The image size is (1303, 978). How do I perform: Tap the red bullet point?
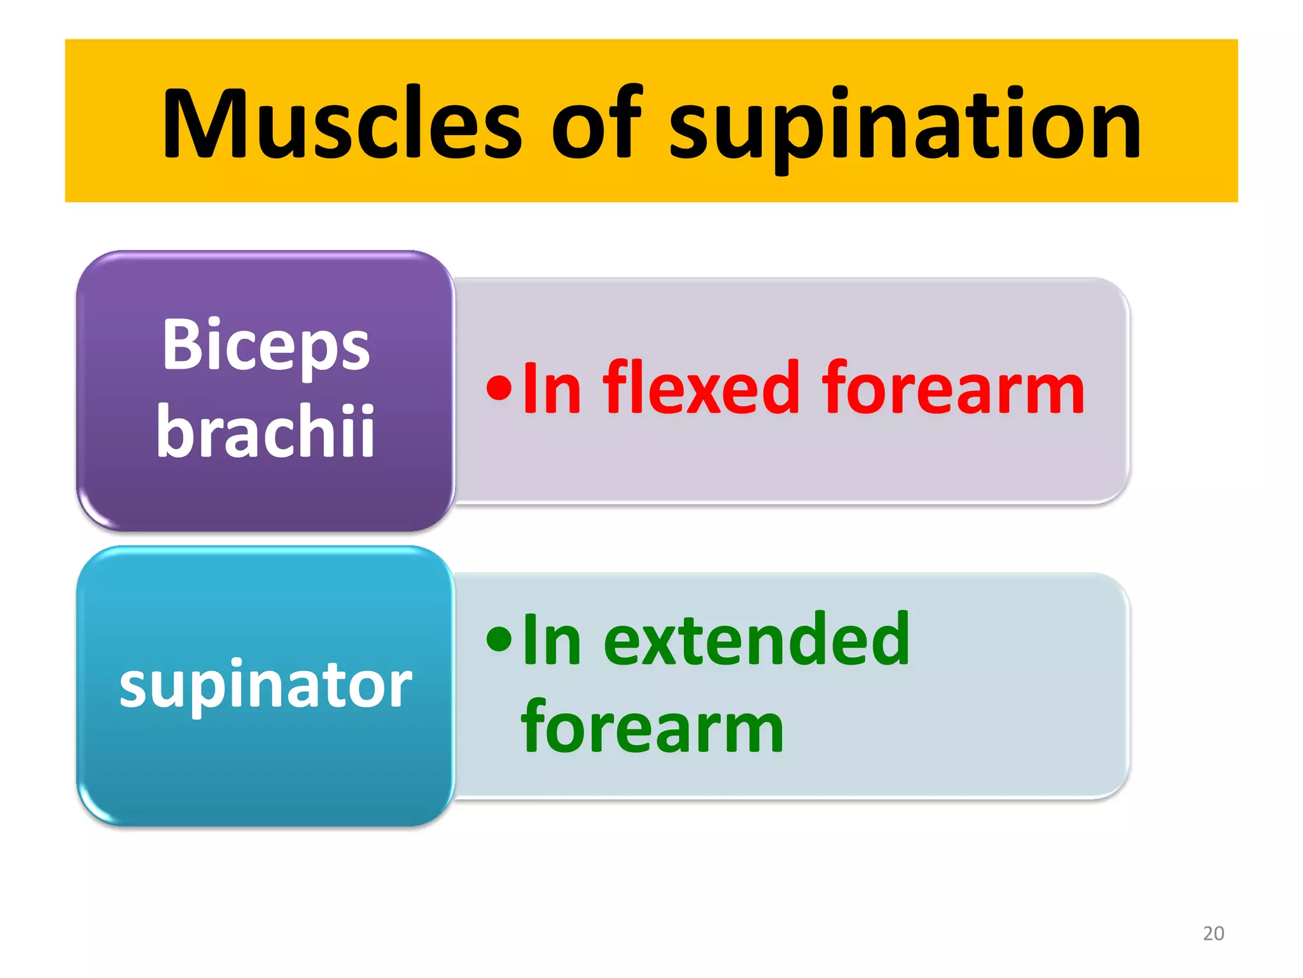(499, 388)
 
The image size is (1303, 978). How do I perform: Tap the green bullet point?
(499, 640)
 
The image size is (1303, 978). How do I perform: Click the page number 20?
(1213, 933)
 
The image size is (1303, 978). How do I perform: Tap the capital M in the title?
(204, 124)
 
